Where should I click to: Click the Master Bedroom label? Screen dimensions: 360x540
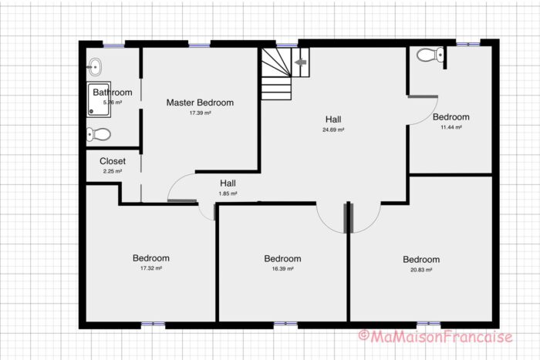click(200, 103)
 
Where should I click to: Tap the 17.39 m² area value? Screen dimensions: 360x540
click(200, 113)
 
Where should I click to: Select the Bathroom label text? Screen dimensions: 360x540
click(113, 93)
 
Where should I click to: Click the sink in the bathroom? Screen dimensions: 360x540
click(93, 64)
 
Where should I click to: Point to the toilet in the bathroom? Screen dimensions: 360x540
click(99, 134)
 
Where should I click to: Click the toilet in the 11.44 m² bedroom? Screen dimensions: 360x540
click(429, 55)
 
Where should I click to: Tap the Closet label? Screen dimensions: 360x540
click(112, 162)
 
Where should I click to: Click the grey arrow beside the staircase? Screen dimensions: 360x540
click(301, 59)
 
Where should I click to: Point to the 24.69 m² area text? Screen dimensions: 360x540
click(333, 130)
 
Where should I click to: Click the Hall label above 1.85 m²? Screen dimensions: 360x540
click(228, 183)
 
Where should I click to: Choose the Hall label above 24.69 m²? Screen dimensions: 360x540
click(333, 119)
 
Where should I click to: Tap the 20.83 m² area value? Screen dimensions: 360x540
click(421, 270)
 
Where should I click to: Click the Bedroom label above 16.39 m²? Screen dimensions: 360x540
click(282, 259)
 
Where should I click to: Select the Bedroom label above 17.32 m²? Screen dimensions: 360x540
click(150, 258)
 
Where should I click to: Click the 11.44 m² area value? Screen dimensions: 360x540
click(451, 127)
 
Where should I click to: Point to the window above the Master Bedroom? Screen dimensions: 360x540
click(199, 45)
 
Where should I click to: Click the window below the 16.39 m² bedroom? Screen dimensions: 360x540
click(285, 324)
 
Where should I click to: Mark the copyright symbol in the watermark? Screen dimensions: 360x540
click(363, 336)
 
